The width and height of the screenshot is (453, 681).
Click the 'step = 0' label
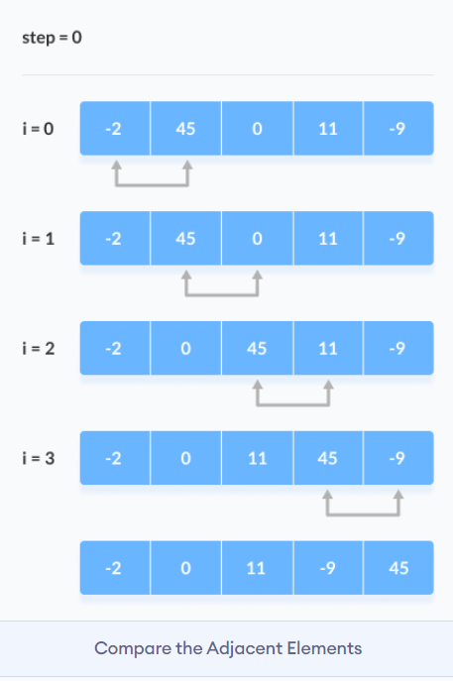(52, 38)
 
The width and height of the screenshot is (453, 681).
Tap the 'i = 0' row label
(39, 129)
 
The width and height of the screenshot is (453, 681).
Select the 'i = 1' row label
(39, 239)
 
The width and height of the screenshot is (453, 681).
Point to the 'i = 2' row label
(39, 348)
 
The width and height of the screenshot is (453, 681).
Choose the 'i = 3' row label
(39, 458)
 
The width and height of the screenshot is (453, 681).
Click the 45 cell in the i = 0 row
(186, 129)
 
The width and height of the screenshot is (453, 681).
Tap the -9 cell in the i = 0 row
(398, 129)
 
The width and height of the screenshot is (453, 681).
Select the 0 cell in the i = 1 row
(258, 239)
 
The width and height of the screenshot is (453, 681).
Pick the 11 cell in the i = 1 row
(328, 239)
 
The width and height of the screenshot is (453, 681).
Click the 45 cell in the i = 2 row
(258, 348)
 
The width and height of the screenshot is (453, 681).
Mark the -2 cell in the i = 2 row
(115, 348)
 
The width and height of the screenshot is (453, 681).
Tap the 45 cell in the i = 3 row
(328, 458)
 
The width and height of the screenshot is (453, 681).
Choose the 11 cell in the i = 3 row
(258, 458)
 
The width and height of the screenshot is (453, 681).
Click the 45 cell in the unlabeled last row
(398, 568)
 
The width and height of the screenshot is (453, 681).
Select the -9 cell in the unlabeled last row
(328, 568)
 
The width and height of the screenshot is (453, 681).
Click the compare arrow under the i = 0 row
(152, 185)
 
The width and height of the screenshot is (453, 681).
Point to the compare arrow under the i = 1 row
(222, 295)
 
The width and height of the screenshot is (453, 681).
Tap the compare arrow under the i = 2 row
(293, 405)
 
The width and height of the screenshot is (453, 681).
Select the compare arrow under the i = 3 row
(363, 515)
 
